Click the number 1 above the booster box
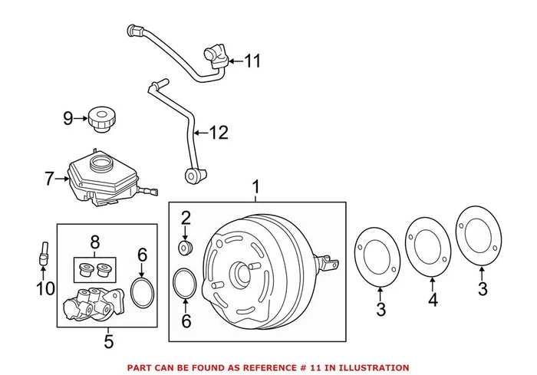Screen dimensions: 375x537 (x=256, y=186)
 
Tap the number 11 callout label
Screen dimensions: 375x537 (x=253, y=60)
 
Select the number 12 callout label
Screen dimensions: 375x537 (x=218, y=133)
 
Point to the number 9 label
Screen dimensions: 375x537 (x=68, y=118)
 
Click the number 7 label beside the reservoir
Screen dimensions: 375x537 (x=49, y=179)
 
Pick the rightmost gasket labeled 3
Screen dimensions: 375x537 (x=479, y=232)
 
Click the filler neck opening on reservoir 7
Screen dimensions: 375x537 (x=100, y=163)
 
